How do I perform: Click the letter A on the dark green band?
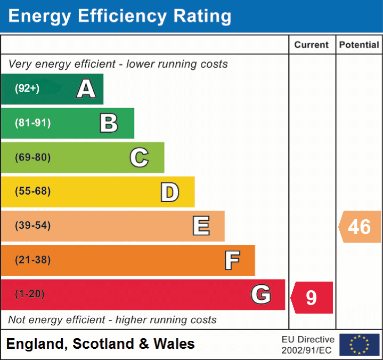[x=86, y=89]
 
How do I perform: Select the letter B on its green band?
[x=109, y=123]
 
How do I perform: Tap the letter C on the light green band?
[x=139, y=157]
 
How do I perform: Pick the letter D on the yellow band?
[x=169, y=192]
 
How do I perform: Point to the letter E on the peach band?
[x=200, y=226]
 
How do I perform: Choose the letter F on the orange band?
[x=231, y=261]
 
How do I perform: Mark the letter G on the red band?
[x=261, y=294]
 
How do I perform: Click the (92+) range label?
[x=27, y=89]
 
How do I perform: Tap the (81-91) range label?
[x=33, y=123]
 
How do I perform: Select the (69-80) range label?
[x=33, y=157]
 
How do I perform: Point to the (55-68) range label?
[x=33, y=191]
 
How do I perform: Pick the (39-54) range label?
[x=33, y=226]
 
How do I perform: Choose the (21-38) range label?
[x=33, y=260]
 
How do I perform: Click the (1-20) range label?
[x=30, y=294]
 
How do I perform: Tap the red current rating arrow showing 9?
[x=312, y=298]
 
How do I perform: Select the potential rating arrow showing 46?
[x=360, y=227]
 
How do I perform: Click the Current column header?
[x=312, y=45]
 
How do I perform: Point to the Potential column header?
[x=359, y=45]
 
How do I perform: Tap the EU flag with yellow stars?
[x=359, y=345]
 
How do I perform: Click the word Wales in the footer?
[x=174, y=344]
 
